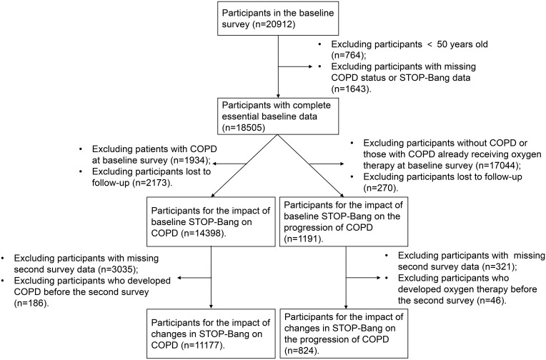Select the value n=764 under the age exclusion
point(349,55)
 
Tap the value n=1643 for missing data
point(350,89)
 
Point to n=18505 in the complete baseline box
point(246,127)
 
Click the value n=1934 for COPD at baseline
point(189,160)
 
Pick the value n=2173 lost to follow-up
point(152,182)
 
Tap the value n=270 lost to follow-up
point(380,188)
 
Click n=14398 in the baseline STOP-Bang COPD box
point(204,233)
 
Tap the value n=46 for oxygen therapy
point(490,300)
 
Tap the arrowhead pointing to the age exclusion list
point(310,66)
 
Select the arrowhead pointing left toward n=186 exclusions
point(180,278)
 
